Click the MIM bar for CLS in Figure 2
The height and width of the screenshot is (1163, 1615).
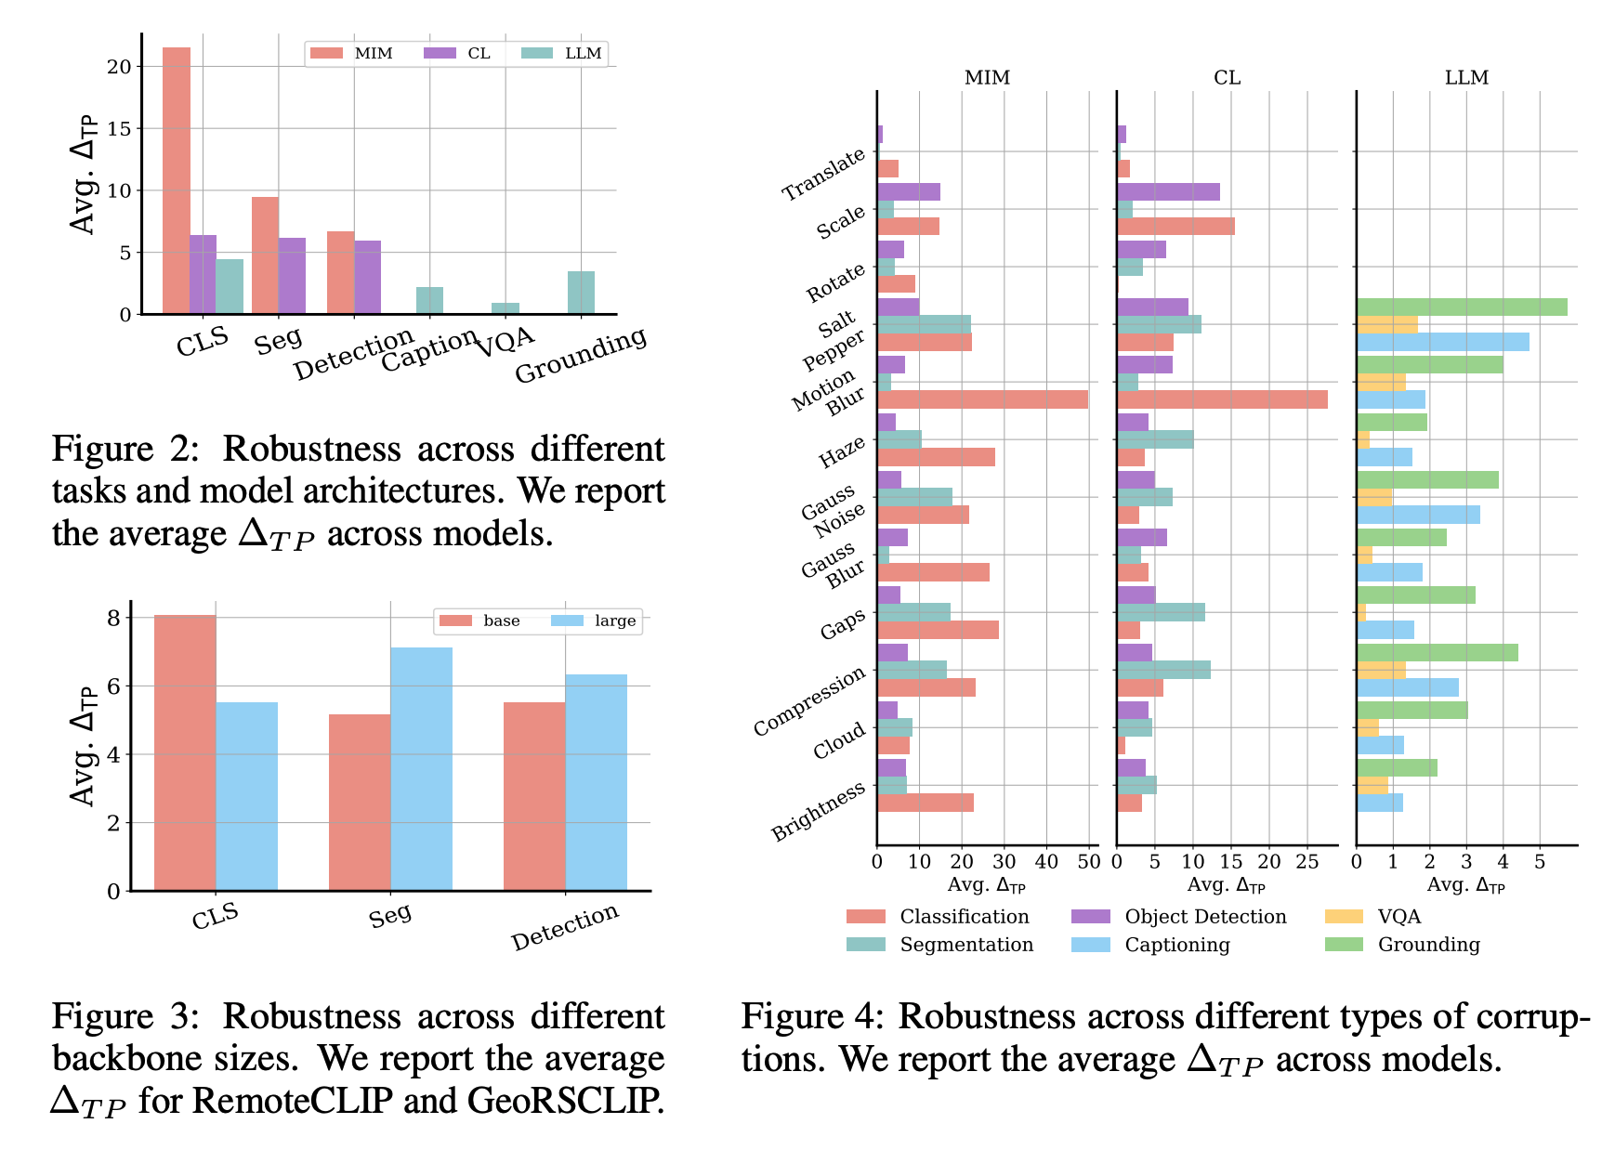coord(177,181)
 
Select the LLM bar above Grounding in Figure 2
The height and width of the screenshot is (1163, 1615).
coord(581,293)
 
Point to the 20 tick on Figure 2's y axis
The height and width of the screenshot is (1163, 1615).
coord(119,67)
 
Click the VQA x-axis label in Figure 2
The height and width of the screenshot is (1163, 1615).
coord(506,343)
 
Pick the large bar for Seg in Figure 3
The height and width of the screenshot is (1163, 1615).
coord(421,769)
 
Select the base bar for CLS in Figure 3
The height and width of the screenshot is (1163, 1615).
coord(185,752)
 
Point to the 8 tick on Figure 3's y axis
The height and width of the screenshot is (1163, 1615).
coord(113,618)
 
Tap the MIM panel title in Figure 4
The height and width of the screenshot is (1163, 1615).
coord(987,78)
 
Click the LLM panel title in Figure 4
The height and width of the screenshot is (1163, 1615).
coord(1466,78)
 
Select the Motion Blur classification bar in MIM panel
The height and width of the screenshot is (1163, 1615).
coord(982,399)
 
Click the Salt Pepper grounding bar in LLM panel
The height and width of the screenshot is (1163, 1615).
coord(1462,307)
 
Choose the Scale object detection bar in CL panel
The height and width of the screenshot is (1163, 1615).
coord(1168,192)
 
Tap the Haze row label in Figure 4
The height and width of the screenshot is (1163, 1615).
coord(842,452)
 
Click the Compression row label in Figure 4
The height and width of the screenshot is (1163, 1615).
coord(809,701)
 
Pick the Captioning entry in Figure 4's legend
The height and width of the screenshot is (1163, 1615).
coord(1176,945)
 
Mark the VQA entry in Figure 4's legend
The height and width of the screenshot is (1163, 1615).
coord(1398,917)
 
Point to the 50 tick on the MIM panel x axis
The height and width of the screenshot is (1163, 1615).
coord(1089,861)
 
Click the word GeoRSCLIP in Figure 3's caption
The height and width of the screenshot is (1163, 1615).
coord(566,1101)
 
